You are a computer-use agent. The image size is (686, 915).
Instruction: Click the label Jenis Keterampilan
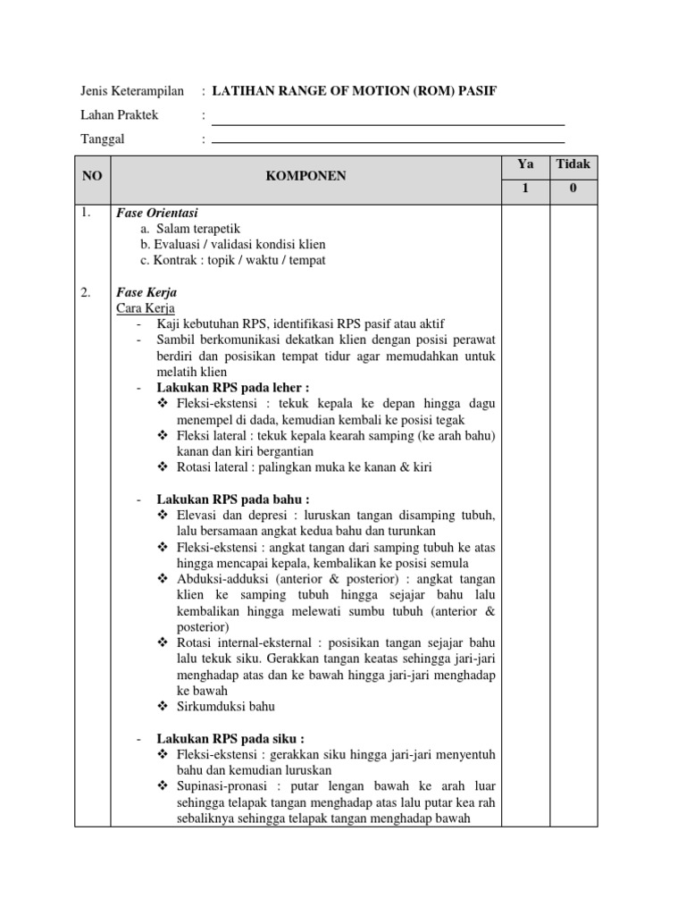[x=132, y=91]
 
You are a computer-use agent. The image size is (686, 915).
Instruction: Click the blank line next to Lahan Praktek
[x=388, y=124]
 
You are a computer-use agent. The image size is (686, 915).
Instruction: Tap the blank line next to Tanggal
[x=388, y=141]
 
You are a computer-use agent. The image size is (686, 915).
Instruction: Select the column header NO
[x=93, y=177]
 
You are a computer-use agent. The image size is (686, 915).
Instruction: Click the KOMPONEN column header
[x=305, y=177]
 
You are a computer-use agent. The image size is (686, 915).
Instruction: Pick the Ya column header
[x=524, y=164]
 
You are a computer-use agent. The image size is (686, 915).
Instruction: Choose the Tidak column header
[x=573, y=164]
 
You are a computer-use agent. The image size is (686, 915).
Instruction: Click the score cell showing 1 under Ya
[x=524, y=189]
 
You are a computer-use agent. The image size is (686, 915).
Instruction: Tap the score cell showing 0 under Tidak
[x=573, y=189]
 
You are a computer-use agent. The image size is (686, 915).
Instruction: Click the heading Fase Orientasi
[x=157, y=214]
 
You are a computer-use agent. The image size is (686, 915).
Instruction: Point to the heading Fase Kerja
[x=146, y=292]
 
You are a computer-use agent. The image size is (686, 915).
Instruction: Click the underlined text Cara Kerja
[x=146, y=307]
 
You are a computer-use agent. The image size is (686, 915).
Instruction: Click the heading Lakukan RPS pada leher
[x=233, y=387]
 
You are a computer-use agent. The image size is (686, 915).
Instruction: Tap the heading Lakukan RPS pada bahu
[x=233, y=499]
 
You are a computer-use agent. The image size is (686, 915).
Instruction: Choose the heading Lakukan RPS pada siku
[x=230, y=738]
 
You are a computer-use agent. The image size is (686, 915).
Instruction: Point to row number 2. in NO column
[x=87, y=292]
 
